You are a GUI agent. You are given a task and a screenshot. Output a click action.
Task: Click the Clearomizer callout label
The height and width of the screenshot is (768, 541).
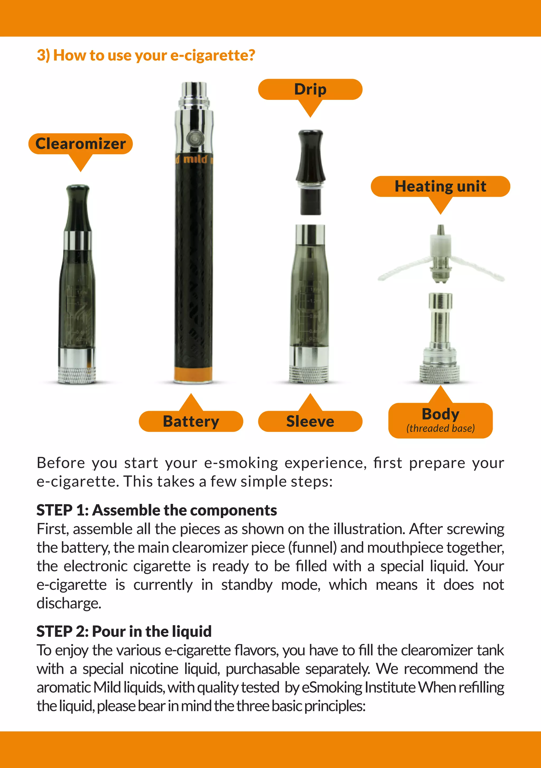coord(81,144)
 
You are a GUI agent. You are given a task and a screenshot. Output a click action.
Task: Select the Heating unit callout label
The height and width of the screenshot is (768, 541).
coord(440,186)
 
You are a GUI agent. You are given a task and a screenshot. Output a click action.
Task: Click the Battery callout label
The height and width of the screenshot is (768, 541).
coord(191,421)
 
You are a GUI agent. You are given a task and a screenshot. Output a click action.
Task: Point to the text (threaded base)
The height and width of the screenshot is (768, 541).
coord(440,428)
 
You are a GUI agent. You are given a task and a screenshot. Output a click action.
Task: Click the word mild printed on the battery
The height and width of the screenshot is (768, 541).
coord(195,159)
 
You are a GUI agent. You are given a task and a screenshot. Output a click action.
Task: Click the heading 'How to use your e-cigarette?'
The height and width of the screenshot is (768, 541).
coord(146,55)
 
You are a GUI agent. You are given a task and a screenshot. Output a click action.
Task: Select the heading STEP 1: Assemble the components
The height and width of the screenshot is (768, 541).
coord(156,510)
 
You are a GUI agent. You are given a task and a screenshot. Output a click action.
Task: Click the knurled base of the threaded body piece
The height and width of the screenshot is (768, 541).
coord(440,374)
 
